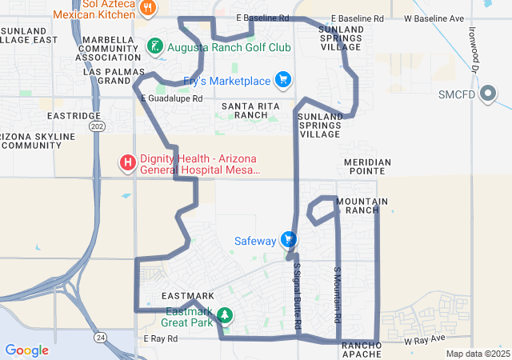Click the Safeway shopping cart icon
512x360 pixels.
click(x=289, y=240)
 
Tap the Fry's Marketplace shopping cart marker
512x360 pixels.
click(x=282, y=80)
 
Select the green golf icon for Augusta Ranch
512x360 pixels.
click(x=155, y=47)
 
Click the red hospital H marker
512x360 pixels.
click(x=127, y=163)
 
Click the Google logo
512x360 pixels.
click(x=26, y=350)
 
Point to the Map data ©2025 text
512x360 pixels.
click(x=478, y=354)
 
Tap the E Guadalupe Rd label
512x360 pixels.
click(x=171, y=98)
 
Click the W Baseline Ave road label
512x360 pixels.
click(x=434, y=18)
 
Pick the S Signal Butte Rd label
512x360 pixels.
click(x=297, y=296)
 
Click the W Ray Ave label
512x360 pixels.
click(x=424, y=340)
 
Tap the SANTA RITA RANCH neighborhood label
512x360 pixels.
click(x=245, y=110)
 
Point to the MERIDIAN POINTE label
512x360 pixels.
click(x=367, y=166)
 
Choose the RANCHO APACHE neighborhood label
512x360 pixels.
click(x=367, y=350)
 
